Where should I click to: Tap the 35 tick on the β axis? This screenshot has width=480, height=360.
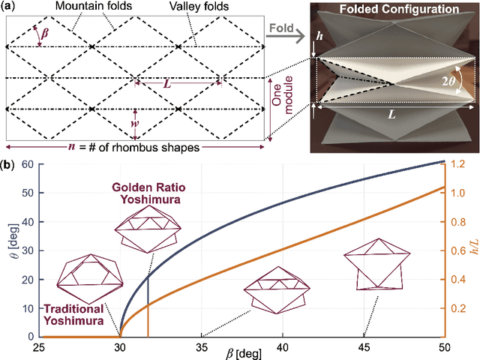click(x=201, y=347)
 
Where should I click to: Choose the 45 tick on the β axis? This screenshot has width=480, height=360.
click(x=363, y=347)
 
